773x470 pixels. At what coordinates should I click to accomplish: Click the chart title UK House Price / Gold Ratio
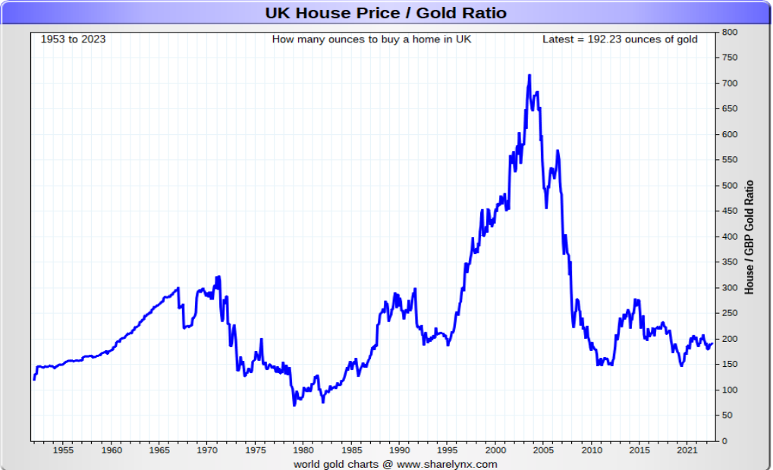click(385, 13)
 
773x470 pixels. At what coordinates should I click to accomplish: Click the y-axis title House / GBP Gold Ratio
click(749, 237)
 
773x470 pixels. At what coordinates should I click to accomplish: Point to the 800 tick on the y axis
click(730, 32)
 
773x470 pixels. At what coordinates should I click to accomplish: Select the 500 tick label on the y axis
click(730, 186)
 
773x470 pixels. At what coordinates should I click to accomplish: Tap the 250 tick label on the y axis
click(730, 313)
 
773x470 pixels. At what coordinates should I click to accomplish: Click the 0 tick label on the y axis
click(724, 441)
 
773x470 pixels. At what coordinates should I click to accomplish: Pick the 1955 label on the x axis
click(63, 450)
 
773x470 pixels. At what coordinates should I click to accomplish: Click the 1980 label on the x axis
click(303, 450)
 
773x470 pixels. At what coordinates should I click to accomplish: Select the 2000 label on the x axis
click(495, 450)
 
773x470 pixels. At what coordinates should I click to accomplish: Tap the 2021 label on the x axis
click(687, 450)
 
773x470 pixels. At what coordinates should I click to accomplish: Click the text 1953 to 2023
click(73, 39)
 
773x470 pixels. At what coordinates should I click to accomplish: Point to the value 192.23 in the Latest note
click(605, 39)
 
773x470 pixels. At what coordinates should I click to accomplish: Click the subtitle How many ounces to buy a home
click(371, 39)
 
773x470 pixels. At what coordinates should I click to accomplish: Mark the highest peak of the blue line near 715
click(529, 75)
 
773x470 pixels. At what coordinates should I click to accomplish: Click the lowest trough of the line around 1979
click(294, 405)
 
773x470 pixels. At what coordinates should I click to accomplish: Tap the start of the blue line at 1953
click(34, 379)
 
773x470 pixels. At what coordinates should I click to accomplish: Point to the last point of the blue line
click(712, 343)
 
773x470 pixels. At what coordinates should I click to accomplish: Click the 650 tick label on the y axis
click(730, 109)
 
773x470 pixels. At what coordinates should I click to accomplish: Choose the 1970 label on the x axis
click(207, 450)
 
